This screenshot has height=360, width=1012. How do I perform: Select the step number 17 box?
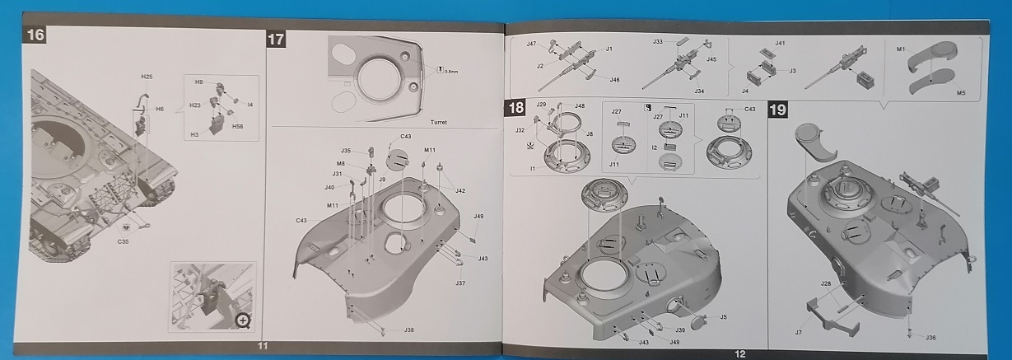click(x=276, y=39)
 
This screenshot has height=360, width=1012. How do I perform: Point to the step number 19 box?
click(x=777, y=110)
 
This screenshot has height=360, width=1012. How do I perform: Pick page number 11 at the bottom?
click(x=262, y=346)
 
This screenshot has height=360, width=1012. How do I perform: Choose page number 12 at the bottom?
click(x=739, y=353)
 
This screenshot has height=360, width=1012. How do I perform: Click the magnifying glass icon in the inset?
click(x=242, y=320)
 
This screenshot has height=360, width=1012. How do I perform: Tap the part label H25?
click(x=147, y=77)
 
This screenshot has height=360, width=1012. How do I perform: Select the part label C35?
click(x=123, y=241)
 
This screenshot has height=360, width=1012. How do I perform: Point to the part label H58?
click(x=237, y=126)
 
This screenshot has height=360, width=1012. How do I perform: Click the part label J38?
click(x=409, y=330)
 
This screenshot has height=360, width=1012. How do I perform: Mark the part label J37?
click(x=460, y=283)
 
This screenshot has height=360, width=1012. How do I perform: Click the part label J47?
click(x=531, y=44)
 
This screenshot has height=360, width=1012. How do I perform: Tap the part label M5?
click(x=961, y=94)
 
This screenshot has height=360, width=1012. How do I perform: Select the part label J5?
click(x=723, y=316)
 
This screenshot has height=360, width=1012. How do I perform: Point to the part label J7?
click(x=798, y=332)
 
